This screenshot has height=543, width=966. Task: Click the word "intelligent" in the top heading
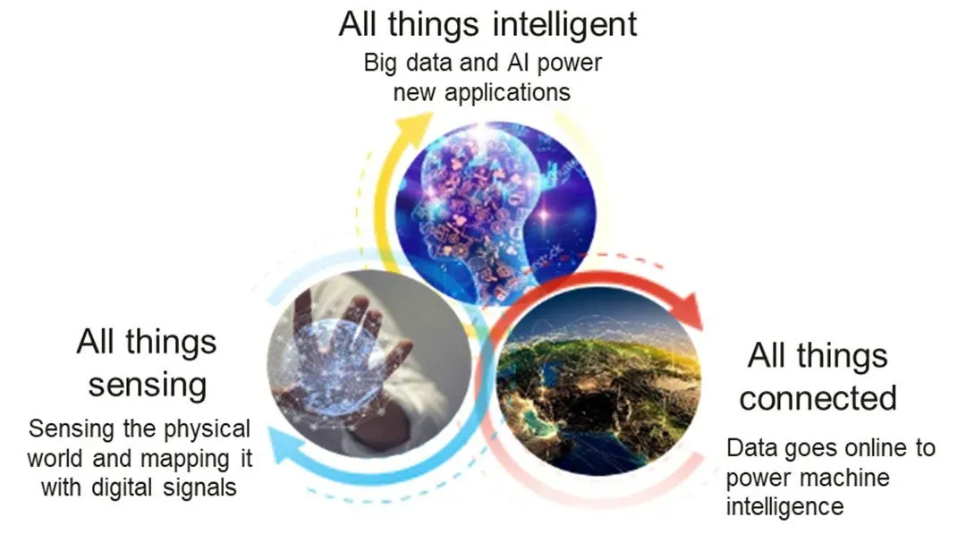point(565,25)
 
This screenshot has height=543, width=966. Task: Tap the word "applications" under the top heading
point(508,93)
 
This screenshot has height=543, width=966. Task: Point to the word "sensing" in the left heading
point(148,386)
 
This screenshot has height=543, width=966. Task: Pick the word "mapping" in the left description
point(183,460)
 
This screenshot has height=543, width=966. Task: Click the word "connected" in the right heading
point(818,397)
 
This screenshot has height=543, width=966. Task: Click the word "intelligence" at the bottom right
point(784,506)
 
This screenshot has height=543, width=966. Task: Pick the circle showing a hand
point(369,364)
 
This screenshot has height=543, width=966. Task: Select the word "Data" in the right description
point(752,448)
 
